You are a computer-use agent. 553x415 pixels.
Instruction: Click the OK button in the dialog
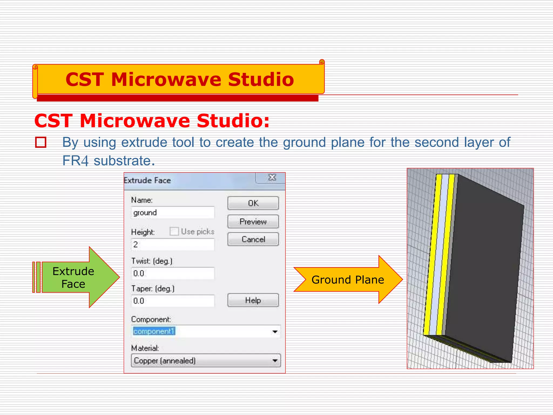click(x=253, y=203)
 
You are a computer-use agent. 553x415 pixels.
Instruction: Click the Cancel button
click(x=253, y=239)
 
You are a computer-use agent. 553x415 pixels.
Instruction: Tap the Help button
click(x=253, y=300)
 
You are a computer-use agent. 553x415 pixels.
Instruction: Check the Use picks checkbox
click(x=174, y=232)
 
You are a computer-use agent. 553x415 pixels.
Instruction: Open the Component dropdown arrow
click(x=275, y=332)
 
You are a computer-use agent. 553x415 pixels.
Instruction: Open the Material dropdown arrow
click(x=275, y=361)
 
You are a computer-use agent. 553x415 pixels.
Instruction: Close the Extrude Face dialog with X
click(x=272, y=178)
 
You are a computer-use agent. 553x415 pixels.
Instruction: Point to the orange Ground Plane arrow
click(x=348, y=280)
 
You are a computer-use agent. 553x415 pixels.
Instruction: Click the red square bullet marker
click(x=41, y=142)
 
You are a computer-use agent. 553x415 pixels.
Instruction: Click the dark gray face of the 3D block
click(x=483, y=267)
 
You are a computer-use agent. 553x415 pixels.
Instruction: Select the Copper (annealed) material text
click(x=165, y=361)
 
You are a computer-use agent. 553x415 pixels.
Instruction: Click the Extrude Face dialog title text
click(x=147, y=180)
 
